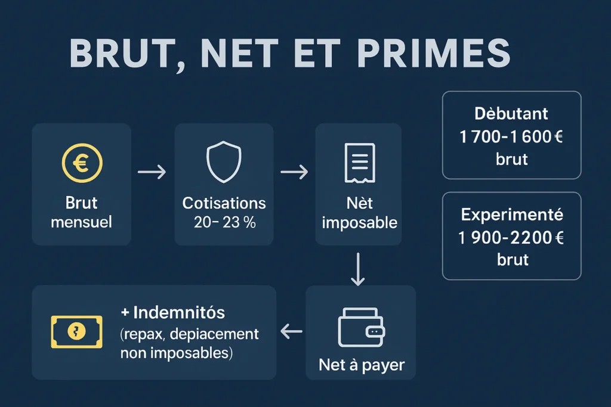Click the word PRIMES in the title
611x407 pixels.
434,54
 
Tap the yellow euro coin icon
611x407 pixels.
82,162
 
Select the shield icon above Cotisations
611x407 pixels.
224,162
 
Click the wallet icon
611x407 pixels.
361,328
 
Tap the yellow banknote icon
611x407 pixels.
76,332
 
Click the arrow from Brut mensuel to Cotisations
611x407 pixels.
152,173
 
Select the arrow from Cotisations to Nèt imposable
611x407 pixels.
294,173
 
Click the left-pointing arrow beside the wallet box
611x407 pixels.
291,332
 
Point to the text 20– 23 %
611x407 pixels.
224,223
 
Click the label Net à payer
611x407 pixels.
361,364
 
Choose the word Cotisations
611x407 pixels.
224,203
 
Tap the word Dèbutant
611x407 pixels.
511,113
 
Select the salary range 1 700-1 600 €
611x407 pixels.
511,136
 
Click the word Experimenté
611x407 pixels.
511,215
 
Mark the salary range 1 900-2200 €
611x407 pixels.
511,237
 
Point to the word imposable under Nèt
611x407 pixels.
359,223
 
